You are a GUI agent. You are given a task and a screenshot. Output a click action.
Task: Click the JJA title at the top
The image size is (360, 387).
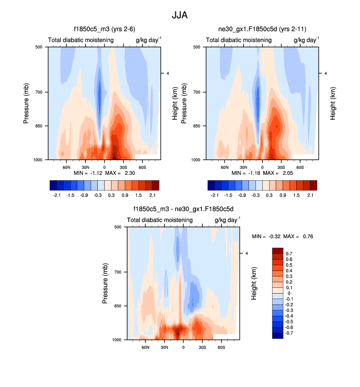180,15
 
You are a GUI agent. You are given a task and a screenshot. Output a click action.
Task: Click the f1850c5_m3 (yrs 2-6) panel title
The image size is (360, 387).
103,28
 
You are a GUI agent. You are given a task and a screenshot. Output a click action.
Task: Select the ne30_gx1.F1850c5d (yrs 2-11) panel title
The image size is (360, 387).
261,28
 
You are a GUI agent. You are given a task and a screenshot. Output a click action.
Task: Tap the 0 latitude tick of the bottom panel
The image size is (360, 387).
183,347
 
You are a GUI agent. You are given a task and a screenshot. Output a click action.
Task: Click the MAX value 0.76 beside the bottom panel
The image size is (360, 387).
307,236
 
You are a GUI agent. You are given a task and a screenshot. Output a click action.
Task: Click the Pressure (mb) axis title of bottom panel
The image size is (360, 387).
106,283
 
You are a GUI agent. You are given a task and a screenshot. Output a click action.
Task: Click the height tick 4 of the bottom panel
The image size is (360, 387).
247,253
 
